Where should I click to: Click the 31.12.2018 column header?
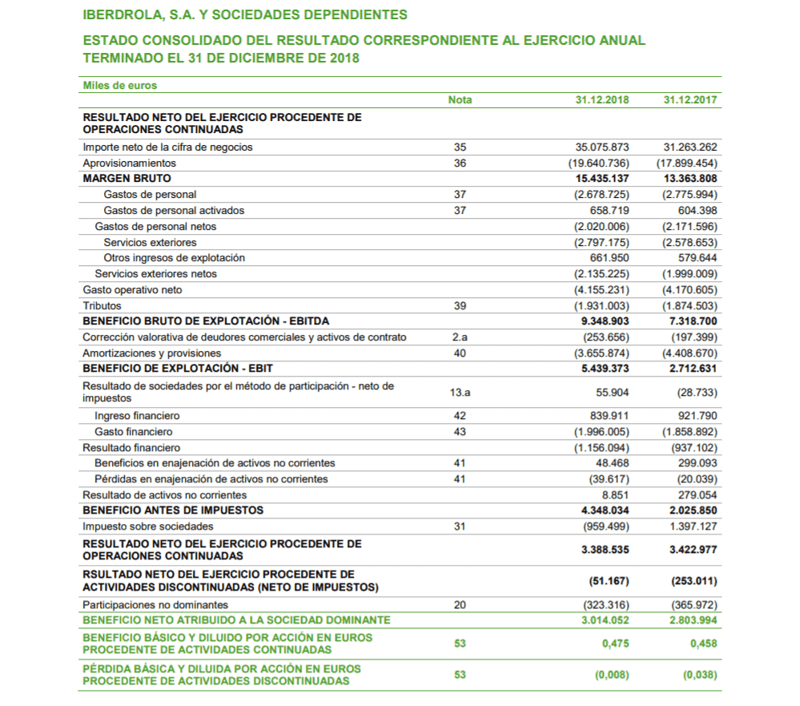[602, 100]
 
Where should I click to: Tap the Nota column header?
[460, 100]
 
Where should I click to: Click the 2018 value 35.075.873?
[602, 147]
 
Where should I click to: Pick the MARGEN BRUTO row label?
[127, 179]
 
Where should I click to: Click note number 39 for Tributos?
[460, 306]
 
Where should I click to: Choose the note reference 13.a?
[460, 393]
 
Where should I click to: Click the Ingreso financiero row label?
[137, 416]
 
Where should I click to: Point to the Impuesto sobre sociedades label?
[148, 526]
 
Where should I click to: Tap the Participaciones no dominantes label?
[155, 605]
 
